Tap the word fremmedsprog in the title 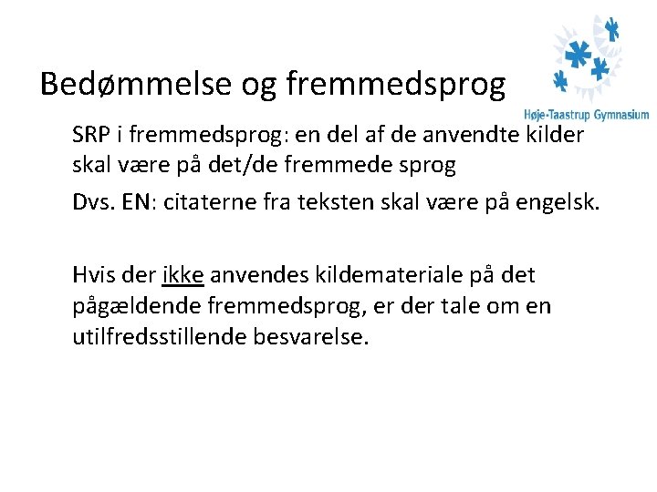click(395, 85)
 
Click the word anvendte click(467, 136)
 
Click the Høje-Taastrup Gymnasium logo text click(586, 115)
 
